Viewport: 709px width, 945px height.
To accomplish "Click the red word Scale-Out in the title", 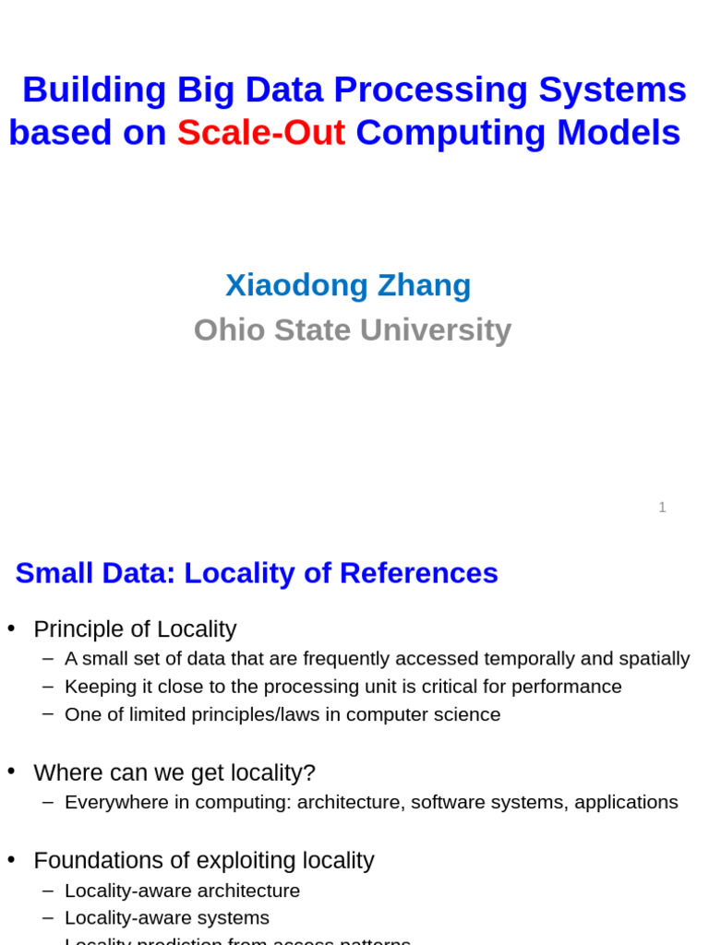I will pyautogui.click(x=261, y=133).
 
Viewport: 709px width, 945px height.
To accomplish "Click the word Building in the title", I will pyautogui.click(x=94, y=90).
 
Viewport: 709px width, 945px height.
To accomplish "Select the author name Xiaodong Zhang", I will pyautogui.click(x=348, y=285).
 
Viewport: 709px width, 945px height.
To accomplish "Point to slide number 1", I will pyautogui.click(x=662, y=508).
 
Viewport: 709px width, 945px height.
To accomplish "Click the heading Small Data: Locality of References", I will pyautogui.click(x=257, y=573).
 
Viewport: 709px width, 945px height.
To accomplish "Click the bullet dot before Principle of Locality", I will pyautogui.click(x=11, y=628).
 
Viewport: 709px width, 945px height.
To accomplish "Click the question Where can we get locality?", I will pyautogui.click(x=174, y=773).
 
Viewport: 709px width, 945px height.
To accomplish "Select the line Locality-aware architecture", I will pyautogui.click(x=182, y=891).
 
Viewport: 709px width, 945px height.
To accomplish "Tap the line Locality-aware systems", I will pyautogui.click(x=167, y=918).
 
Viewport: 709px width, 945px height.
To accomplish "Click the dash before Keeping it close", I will pyautogui.click(x=48, y=687).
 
